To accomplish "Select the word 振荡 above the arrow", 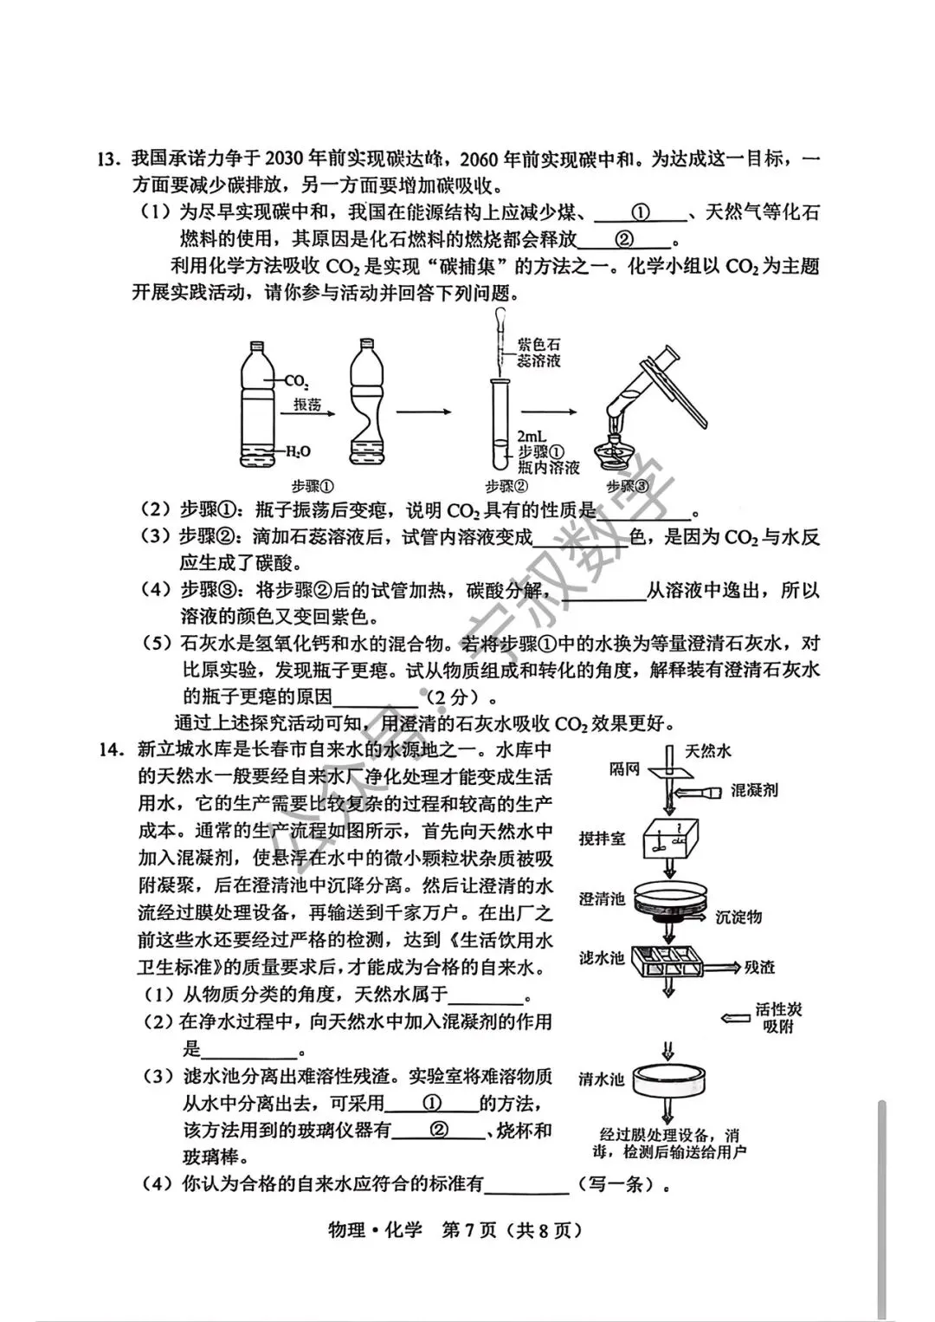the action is click(307, 405).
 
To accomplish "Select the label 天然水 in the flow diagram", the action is click(707, 750).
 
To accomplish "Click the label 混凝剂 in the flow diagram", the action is click(754, 789).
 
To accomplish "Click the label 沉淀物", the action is click(738, 917).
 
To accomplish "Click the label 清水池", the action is click(602, 1079).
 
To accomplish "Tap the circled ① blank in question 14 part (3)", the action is click(433, 1103).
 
